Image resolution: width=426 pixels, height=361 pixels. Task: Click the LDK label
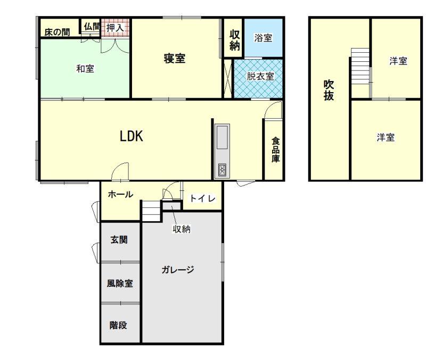coord(132,136)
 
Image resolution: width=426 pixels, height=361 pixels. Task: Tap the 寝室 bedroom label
coord(175,59)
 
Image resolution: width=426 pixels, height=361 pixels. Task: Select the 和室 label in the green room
coord(85,69)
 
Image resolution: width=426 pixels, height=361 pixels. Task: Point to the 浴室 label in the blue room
coord(263,38)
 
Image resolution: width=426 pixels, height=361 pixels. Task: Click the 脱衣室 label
coord(260,76)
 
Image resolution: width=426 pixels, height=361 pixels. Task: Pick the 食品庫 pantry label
coord(275,150)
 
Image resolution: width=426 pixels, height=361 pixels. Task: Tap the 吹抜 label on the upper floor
coord(329,90)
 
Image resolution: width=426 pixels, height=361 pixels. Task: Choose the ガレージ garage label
coord(178,270)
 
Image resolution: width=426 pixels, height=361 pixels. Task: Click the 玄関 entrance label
coord(119,239)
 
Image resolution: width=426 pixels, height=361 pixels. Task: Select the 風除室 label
coord(119,284)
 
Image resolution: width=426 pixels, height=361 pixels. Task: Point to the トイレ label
coord(202,198)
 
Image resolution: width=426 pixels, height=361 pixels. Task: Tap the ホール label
coord(120,194)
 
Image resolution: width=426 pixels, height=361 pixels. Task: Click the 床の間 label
coord(57,33)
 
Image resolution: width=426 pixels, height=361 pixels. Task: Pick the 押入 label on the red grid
coord(115,28)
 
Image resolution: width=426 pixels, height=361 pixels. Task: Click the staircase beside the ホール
coord(151,211)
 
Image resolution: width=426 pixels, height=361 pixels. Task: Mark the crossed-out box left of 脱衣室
coord(227,78)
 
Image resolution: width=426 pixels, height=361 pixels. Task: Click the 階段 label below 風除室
coord(118,325)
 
